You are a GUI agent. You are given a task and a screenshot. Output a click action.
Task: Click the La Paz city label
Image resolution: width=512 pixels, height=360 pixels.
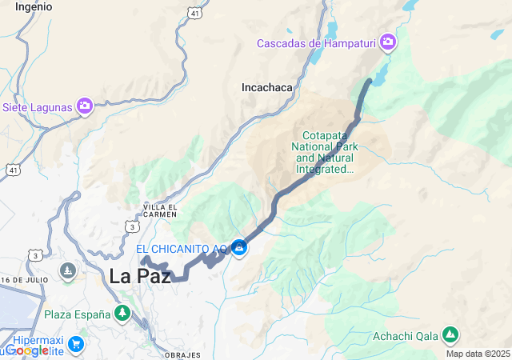[x=140, y=277]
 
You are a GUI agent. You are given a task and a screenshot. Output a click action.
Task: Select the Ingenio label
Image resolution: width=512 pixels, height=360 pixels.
[x=34, y=6]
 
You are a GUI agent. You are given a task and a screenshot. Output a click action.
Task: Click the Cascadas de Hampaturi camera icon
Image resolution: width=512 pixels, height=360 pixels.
[x=388, y=42]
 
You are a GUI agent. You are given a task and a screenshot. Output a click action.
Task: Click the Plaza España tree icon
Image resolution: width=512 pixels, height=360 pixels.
[x=122, y=313]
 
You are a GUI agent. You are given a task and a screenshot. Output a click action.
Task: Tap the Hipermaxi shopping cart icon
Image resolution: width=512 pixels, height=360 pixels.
[x=76, y=345]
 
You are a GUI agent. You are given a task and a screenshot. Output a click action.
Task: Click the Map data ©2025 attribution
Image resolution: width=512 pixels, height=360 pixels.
[x=478, y=354]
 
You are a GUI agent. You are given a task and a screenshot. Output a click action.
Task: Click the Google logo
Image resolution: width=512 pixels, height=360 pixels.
[x=26, y=350]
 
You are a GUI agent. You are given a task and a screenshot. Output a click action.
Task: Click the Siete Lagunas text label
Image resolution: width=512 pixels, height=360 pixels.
[x=38, y=106]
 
